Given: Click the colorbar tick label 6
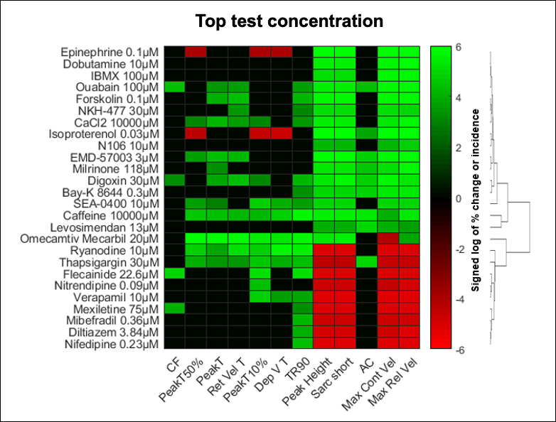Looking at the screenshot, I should pyautogui.click(x=459, y=47).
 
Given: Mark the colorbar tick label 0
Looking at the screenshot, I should pyautogui.click(x=459, y=198).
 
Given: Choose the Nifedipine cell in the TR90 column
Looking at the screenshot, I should pyautogui.click(x=302, y=344).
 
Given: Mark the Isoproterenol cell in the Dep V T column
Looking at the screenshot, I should pyautogui.click(x=281, y=134).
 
